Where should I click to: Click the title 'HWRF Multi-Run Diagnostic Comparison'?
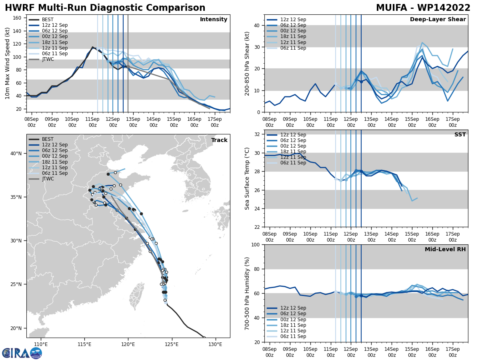[x=105, y=8]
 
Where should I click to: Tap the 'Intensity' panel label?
[x=214, y=20]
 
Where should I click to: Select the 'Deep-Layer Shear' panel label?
[x=438, y=20]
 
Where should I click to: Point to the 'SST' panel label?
[x=460, y=135]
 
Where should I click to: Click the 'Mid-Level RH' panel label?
[x=445, y=250]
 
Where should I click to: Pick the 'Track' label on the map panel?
[x=219, y=140]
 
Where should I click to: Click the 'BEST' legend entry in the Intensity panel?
[x=48, y=20]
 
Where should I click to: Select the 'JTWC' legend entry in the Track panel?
[x=48, y=179]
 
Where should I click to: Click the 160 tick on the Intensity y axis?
[x=18, y=18]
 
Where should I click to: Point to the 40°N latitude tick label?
[x=16, y=154]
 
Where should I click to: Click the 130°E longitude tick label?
[x=215, y=344]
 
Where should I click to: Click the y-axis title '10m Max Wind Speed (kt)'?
[x=8, y=64]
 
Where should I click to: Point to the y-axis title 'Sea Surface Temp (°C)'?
[x=247, y=178]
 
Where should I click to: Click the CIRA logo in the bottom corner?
[x=22, y=353]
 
